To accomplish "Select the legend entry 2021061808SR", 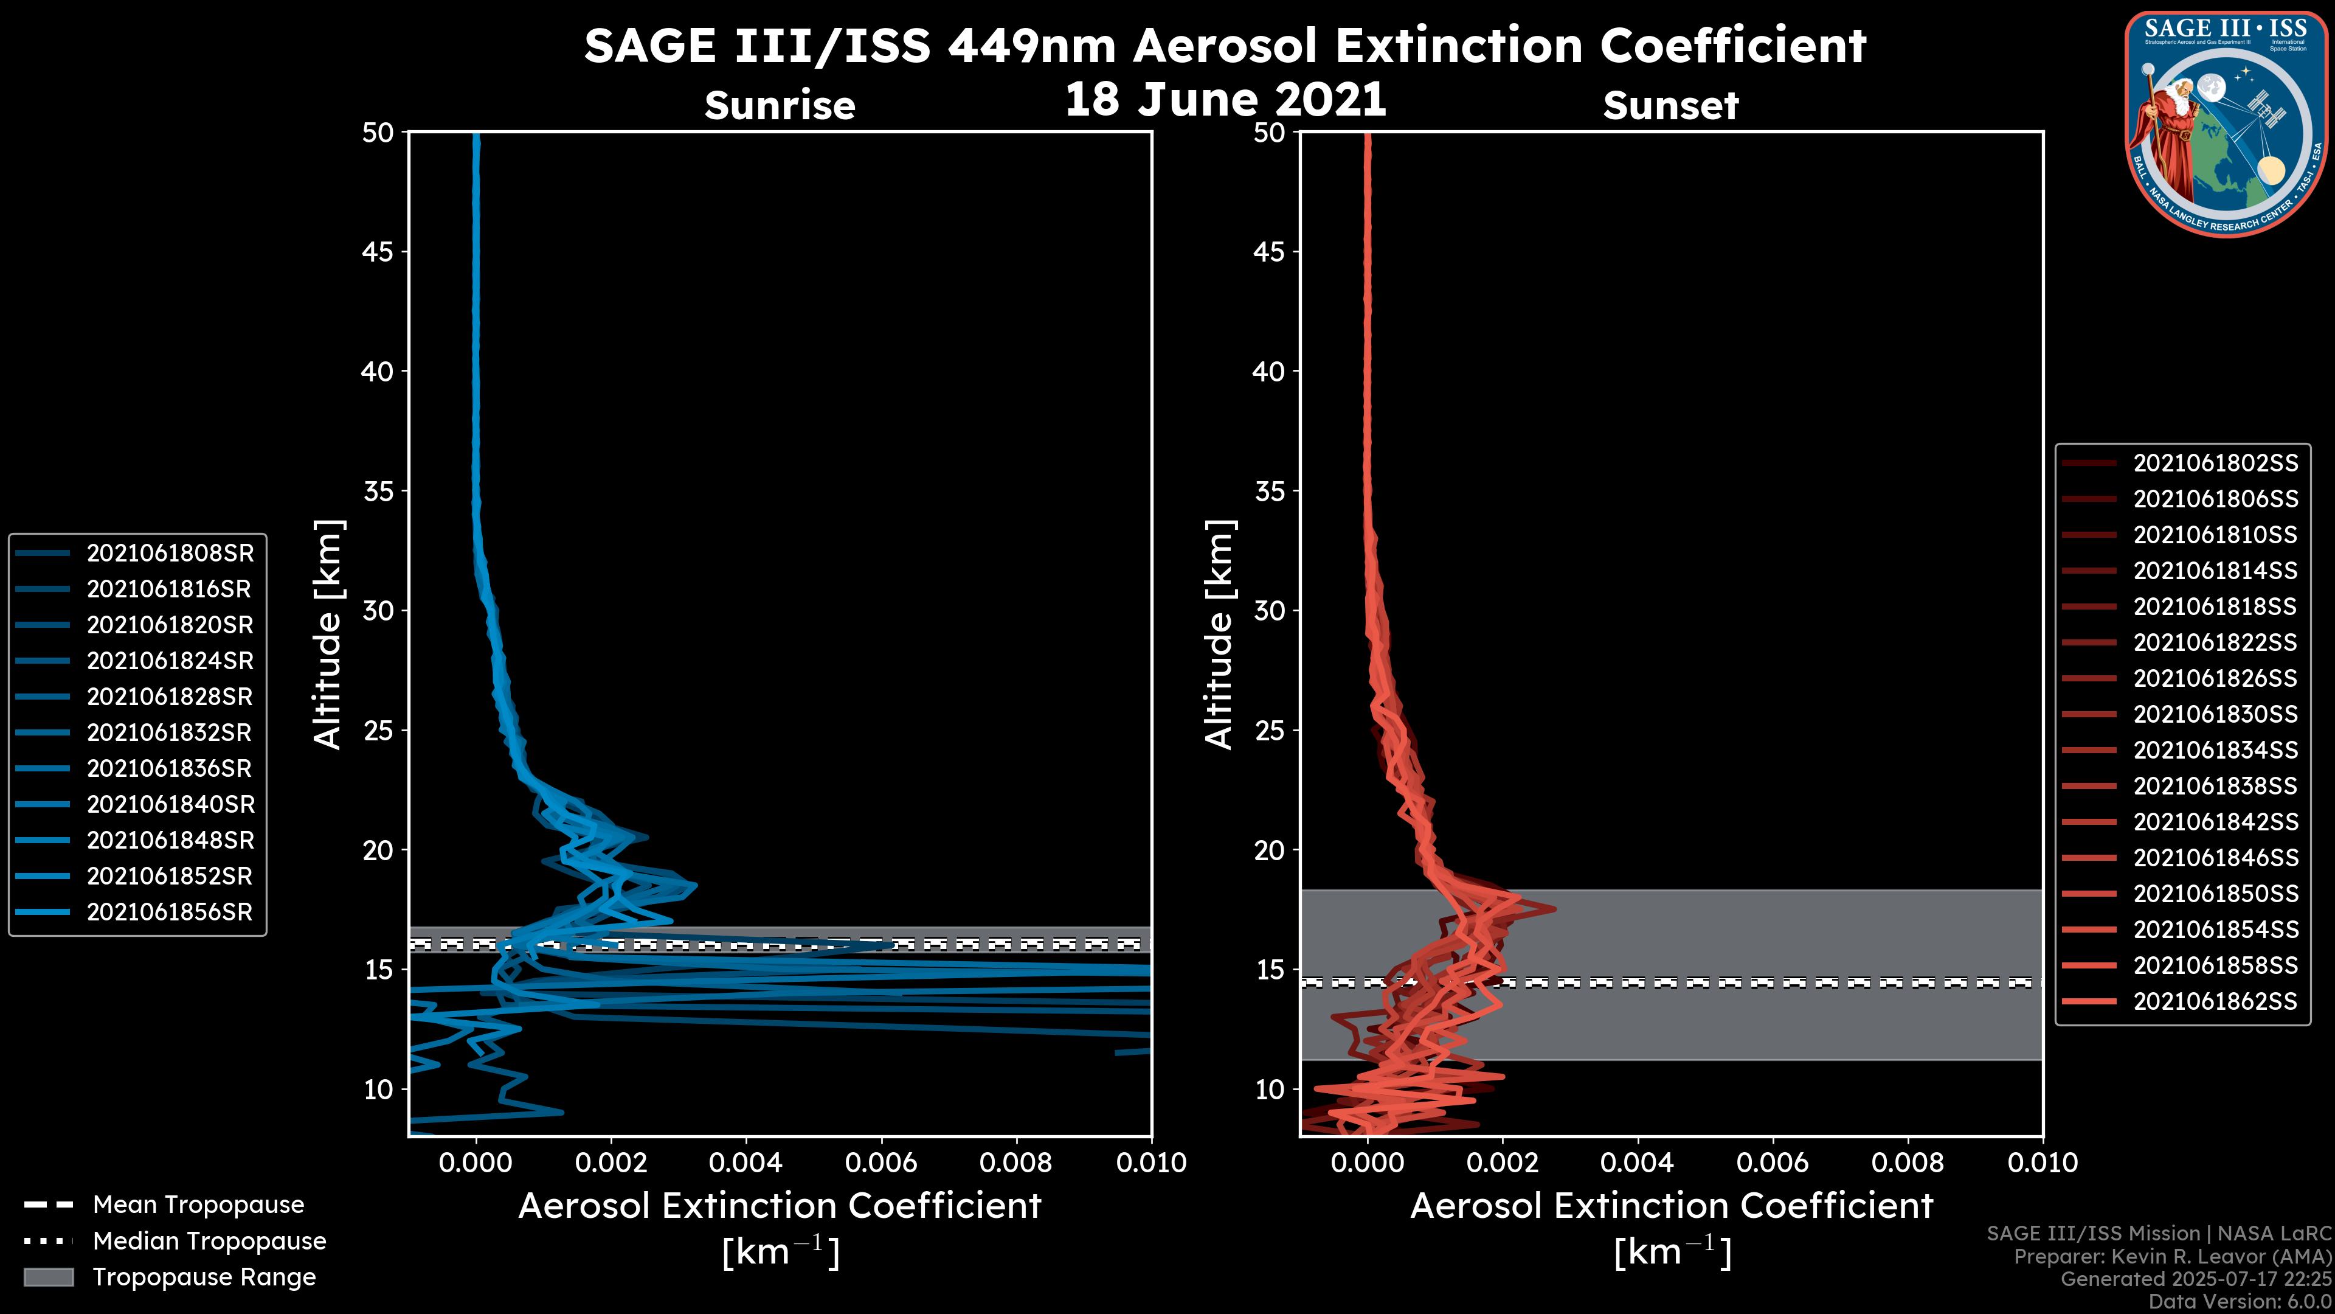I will click(170, 553).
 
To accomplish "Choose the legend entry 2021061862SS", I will click(2215, 1001).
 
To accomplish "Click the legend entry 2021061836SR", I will click(170, 769).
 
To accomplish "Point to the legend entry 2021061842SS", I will click(2215, 822).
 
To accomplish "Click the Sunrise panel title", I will click(780, 106).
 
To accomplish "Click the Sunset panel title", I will click(1670, 106).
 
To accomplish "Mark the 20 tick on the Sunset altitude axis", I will click(1269, 850).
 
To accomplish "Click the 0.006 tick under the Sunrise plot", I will click(881, 1163).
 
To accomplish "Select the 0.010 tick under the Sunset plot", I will click(2043, 1163).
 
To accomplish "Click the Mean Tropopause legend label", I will click(198, 1205).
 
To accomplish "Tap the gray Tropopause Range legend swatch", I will click(48, 1277).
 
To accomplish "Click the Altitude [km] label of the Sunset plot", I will click(1219, 634).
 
